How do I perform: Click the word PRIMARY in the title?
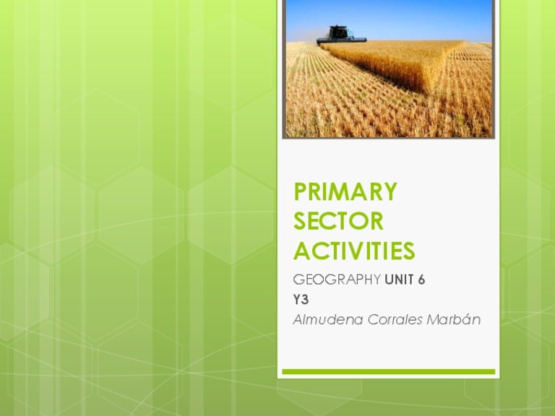point(345,192)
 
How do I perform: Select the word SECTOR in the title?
point(338,221)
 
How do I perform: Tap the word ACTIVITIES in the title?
point(354,251)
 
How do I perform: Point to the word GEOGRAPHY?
point(337,280)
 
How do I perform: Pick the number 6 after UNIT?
point(421,280)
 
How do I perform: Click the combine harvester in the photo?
point(340,34)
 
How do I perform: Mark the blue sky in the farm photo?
point(419,18)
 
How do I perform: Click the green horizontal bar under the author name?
point(388,372)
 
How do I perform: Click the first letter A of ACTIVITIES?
point(301,251)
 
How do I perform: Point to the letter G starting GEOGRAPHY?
point(298,280)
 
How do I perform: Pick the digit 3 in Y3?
point(305,300)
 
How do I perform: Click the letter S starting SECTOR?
point(301,221)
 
